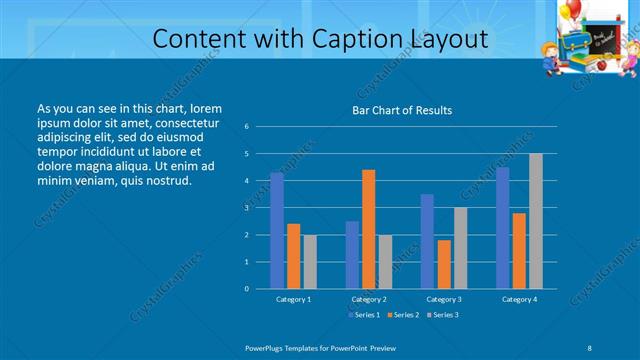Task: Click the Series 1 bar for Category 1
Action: pos(277,230)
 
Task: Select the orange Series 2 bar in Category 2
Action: pos(368,228)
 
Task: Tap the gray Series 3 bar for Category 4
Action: pos(535,220)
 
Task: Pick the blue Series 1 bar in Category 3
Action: pos(427,240)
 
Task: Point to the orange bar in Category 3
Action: pos(443,263)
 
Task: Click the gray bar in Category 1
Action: pos(309,261)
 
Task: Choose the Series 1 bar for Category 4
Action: pos(502,227)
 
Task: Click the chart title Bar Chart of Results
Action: pos(402,110)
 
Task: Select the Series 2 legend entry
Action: pos(401,315)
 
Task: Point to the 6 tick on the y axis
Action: pos(247,127)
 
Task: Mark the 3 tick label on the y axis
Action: pos(247,208)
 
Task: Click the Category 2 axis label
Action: pos(368,299)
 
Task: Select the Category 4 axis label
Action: pos(518,299)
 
